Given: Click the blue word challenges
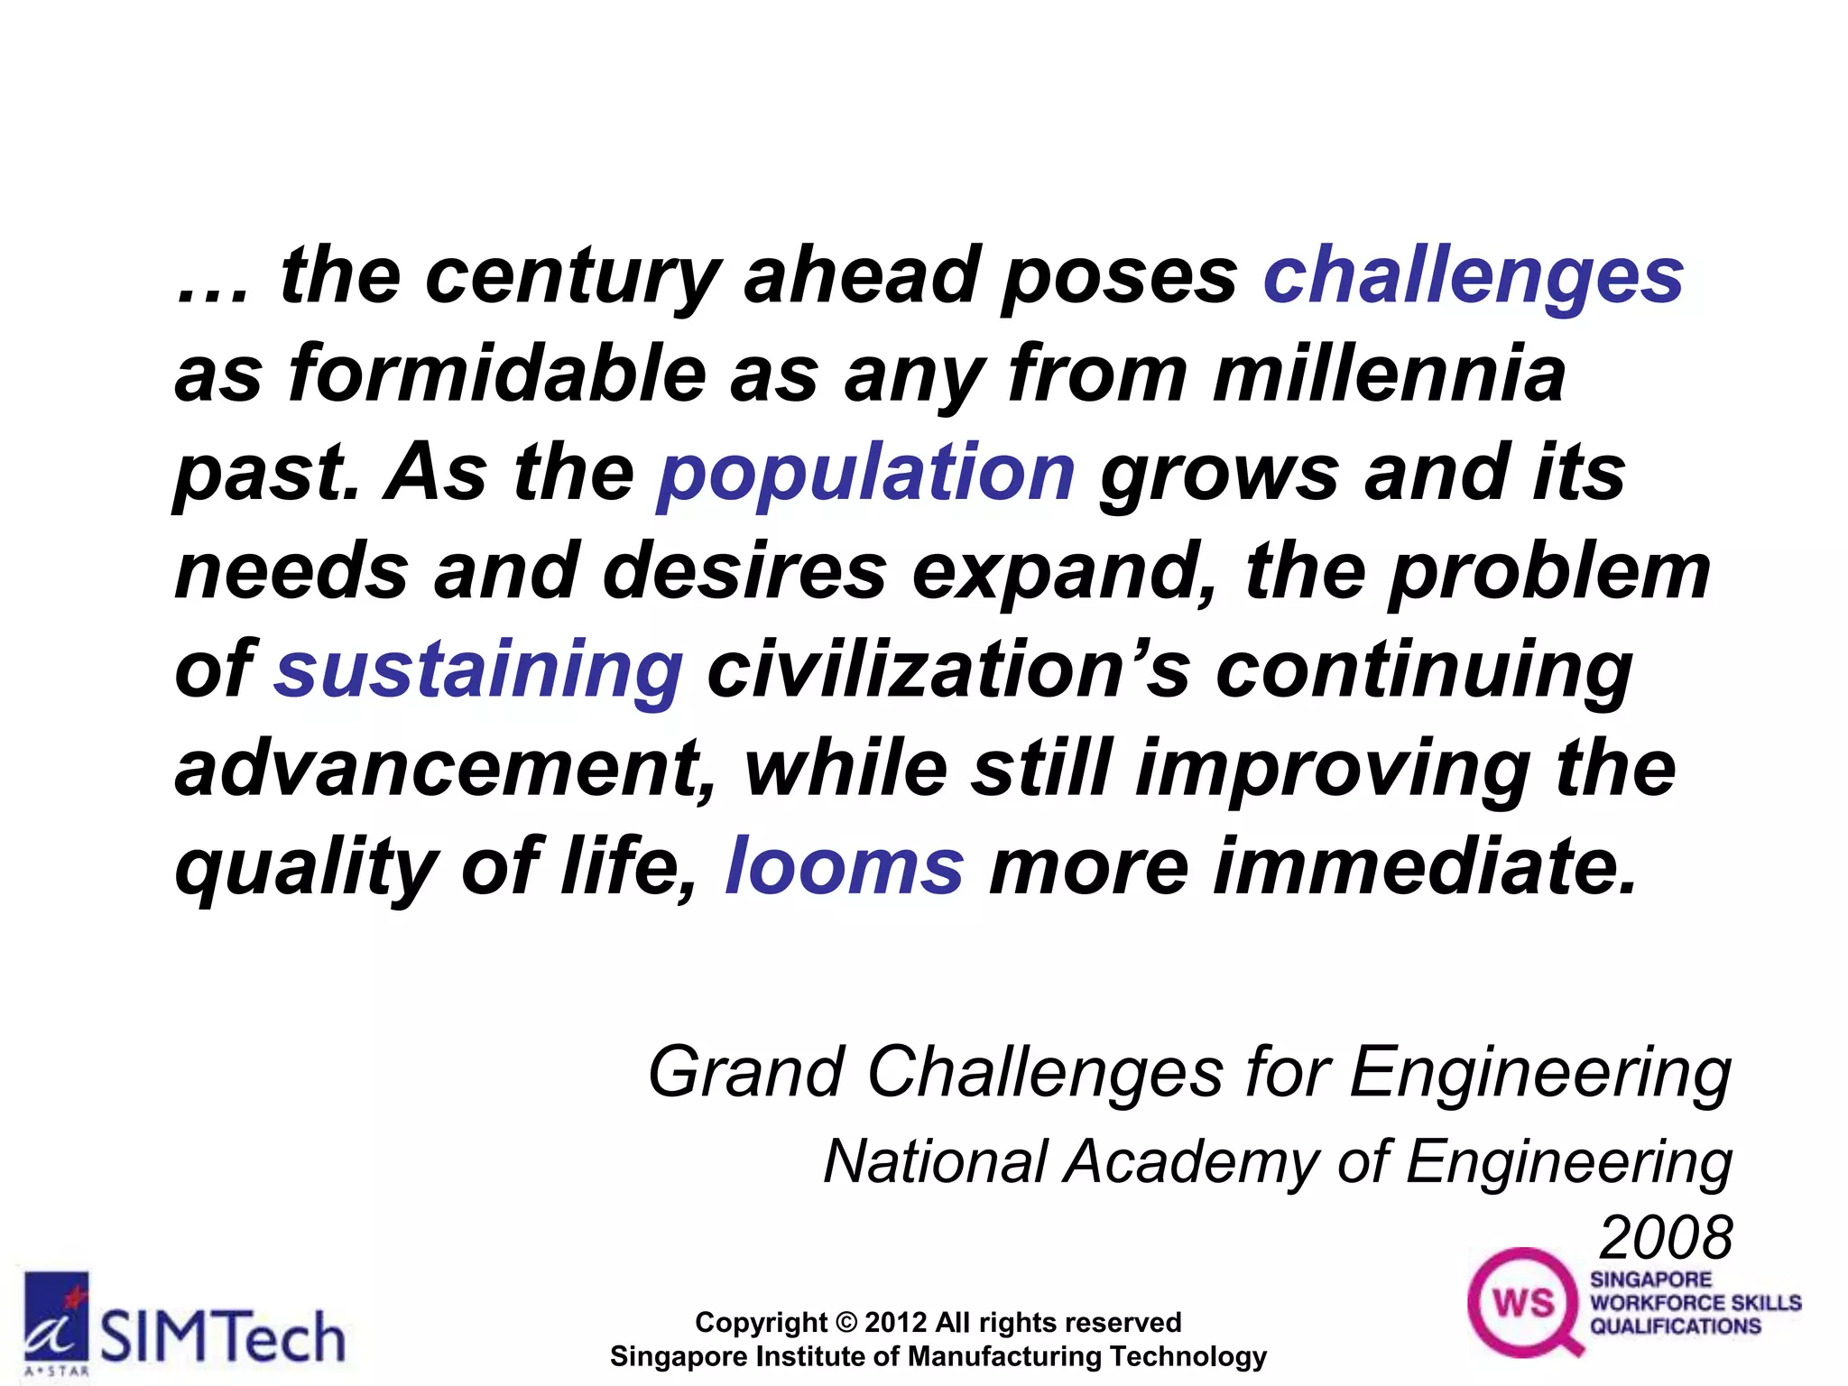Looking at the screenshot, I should (x=1473, y=276).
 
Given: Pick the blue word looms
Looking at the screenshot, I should (x=845, y=866).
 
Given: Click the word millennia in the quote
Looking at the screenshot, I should (x=1389, y=374).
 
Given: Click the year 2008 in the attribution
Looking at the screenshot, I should (x=1666, y=1238).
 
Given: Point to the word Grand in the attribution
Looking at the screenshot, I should (x=745, y=1073).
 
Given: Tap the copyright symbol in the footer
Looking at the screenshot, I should (x=846, y=1323).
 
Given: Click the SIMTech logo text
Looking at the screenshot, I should (x=222, y=1337).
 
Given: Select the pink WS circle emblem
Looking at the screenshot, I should (x=1524, y=1302).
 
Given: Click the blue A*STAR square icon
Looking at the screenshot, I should (x=56, y=1318).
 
